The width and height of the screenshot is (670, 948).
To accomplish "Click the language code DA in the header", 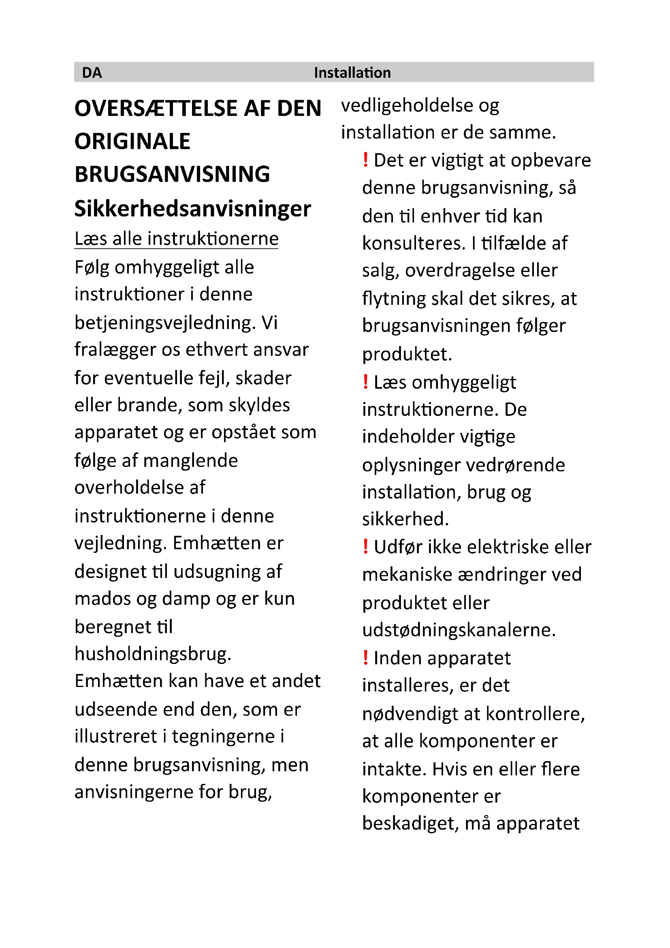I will (92, 73).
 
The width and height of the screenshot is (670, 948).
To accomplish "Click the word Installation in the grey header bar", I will (352, 73).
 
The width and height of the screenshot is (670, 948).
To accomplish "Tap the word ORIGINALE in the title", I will (132, 141).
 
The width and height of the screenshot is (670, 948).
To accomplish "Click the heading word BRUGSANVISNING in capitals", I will (172, 174).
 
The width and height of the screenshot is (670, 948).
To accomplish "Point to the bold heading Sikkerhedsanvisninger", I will (192, 208).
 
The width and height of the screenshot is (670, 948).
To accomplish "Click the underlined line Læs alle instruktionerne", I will (176, 239).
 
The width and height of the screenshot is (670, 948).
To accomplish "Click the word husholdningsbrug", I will (153, 654).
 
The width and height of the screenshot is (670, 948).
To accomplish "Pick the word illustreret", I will (120, 736).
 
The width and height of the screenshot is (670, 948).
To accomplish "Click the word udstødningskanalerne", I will (459, 630).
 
